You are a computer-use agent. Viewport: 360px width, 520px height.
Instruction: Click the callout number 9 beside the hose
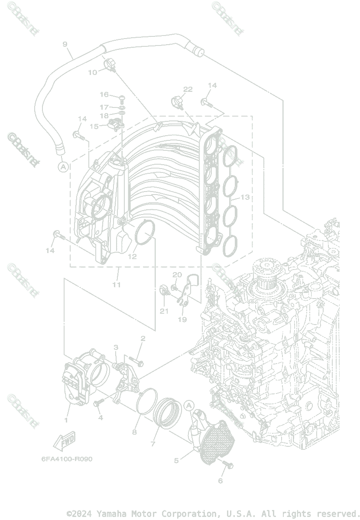65,44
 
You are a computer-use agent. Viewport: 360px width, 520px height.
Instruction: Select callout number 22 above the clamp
188,89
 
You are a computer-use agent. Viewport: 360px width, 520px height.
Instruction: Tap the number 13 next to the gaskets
245,197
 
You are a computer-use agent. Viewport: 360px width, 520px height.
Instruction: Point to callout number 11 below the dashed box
117,285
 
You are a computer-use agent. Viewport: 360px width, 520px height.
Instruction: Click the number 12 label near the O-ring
132,256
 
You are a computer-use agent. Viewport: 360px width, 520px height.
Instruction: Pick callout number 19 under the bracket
182,319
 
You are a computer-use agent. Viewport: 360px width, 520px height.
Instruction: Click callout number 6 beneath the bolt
220,481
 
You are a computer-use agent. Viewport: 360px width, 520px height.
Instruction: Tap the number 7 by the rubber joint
153,444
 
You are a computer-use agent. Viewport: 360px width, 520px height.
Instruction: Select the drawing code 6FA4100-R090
67,459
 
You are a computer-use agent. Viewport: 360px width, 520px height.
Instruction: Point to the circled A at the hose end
63,166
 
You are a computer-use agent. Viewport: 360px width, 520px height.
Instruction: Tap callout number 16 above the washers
104,94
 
